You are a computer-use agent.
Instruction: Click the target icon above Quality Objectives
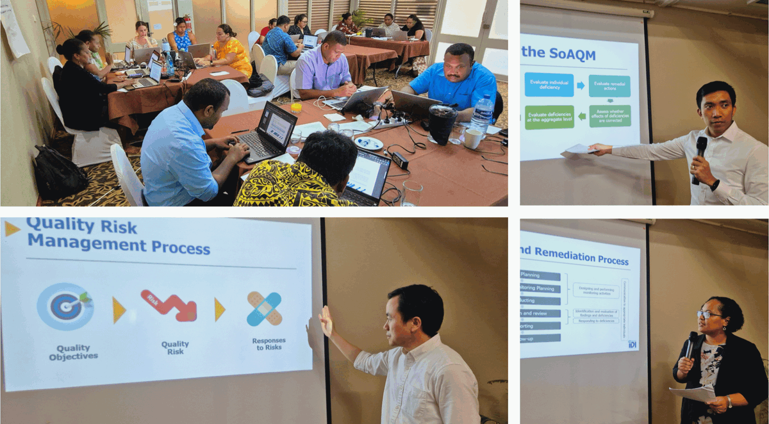coord(65,306)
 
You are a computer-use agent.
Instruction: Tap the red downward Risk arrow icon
coord(169,306)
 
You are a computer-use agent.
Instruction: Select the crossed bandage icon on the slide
coord(264,308)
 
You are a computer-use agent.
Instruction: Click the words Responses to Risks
coord(269,344)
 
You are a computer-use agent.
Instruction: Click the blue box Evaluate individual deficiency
coord(549,85)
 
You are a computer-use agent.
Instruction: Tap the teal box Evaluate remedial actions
coord(609,85)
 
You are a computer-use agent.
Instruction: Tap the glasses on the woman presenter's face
coord(710,314)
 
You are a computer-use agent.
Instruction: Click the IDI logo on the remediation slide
coord(632,345)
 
